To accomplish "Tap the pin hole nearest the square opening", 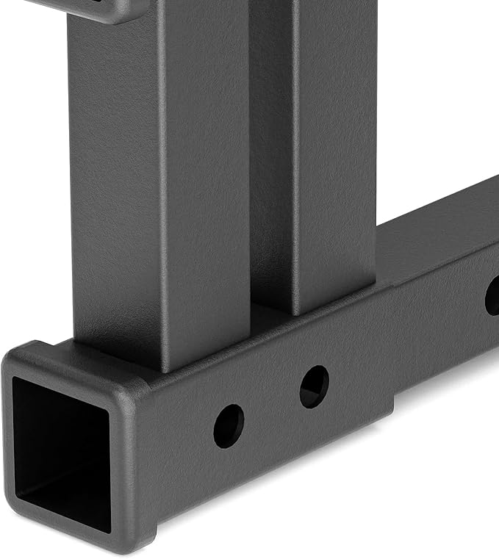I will click(x=229, y=426).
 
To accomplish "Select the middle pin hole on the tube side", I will click(x=314, y=386).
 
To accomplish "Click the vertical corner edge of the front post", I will click(x=159, y=184).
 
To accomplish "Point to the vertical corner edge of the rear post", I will click(x=294, y=147).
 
